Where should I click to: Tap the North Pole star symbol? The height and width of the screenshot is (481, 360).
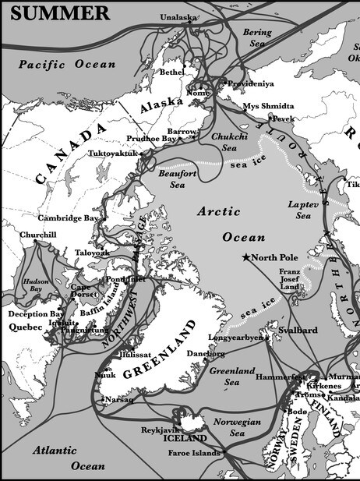(247, 257)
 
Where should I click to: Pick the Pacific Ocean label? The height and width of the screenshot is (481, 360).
(67, 64)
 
